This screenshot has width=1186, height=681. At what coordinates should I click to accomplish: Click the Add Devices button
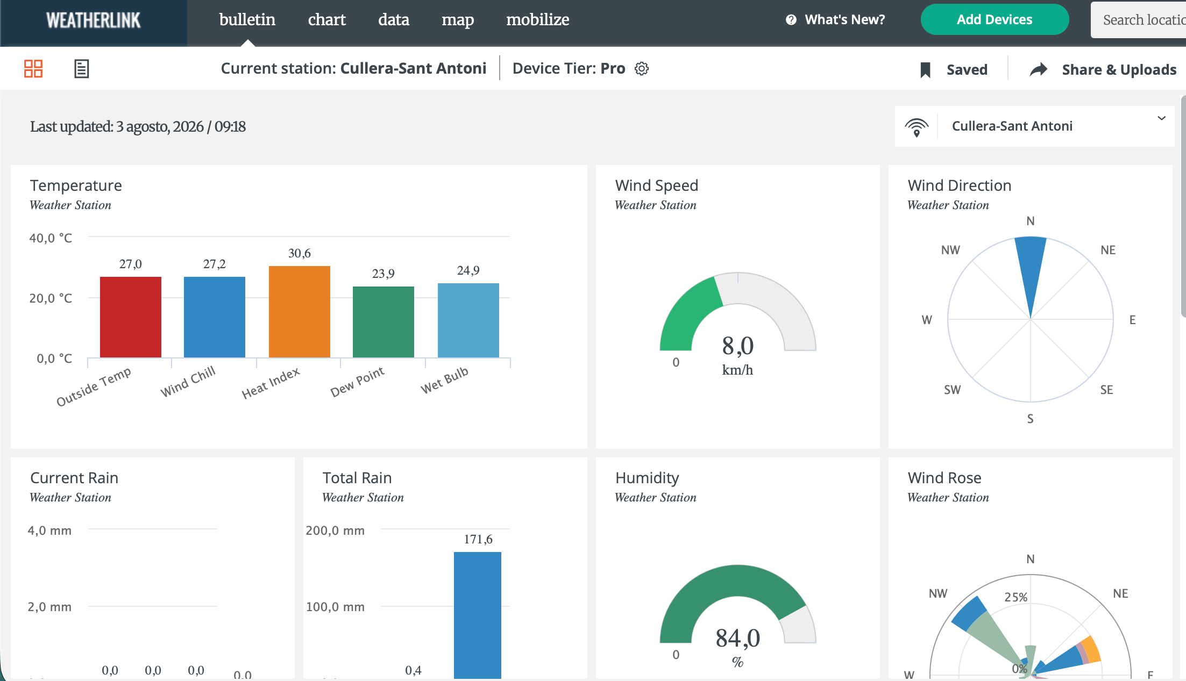(x=995, y=20)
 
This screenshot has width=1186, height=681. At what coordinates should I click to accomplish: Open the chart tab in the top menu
(x=326, y=20)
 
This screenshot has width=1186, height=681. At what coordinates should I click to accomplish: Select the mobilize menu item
(x=537, y=20)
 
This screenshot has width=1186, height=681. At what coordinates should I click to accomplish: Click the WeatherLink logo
(x=94, y=20)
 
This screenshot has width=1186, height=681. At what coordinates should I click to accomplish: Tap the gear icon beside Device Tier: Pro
(x=642, y=69)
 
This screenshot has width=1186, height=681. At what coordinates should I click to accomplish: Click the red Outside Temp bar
(x=131, y=317)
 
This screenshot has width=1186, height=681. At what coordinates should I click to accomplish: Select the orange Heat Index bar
(x=300, y=312)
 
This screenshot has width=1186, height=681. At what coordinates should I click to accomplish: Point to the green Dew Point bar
(x=384, y=322)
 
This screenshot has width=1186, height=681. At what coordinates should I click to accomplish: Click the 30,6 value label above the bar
(x=300, y=253)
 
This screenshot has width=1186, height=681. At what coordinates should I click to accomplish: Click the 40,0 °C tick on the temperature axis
(x=51, y=238)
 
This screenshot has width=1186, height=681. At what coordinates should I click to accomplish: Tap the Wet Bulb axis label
(x=444, y=380)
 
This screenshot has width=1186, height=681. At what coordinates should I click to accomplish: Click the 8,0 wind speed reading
(x=738, y=346)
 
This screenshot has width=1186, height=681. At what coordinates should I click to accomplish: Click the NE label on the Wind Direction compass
(x=1108, y=250)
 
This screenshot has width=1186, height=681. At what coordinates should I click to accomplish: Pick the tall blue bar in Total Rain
(x=478, y=615)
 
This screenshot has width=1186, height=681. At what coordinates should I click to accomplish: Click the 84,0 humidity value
(x=738, y=638)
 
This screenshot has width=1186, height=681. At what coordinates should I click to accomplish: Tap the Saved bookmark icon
(x=926, y=70)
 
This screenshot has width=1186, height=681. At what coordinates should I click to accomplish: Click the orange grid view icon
(x=33, y=69)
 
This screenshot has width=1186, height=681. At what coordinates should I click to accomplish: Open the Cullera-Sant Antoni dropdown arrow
(x=1162, y=118)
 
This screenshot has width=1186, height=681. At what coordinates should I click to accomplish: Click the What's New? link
(x=835, y=20)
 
